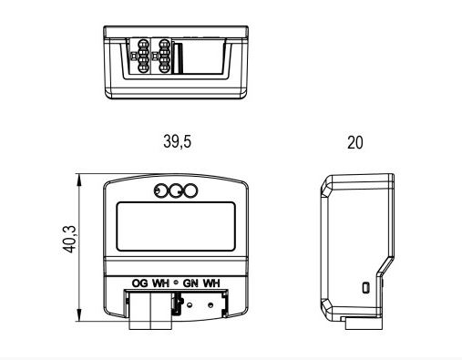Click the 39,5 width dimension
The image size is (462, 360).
pos(178,141)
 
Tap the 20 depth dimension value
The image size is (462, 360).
pos(355,142)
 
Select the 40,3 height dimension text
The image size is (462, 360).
pos(69,239)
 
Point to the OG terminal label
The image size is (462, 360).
pos(140,283)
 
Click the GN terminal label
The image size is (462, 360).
pos(190,283)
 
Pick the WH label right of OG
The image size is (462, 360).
pos(160,283)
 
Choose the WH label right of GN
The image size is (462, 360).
pos(211,283)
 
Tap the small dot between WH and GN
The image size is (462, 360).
pos(176,283)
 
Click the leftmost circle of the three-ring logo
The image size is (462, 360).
pos(160,191)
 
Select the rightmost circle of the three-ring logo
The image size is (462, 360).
pos(190,191)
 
